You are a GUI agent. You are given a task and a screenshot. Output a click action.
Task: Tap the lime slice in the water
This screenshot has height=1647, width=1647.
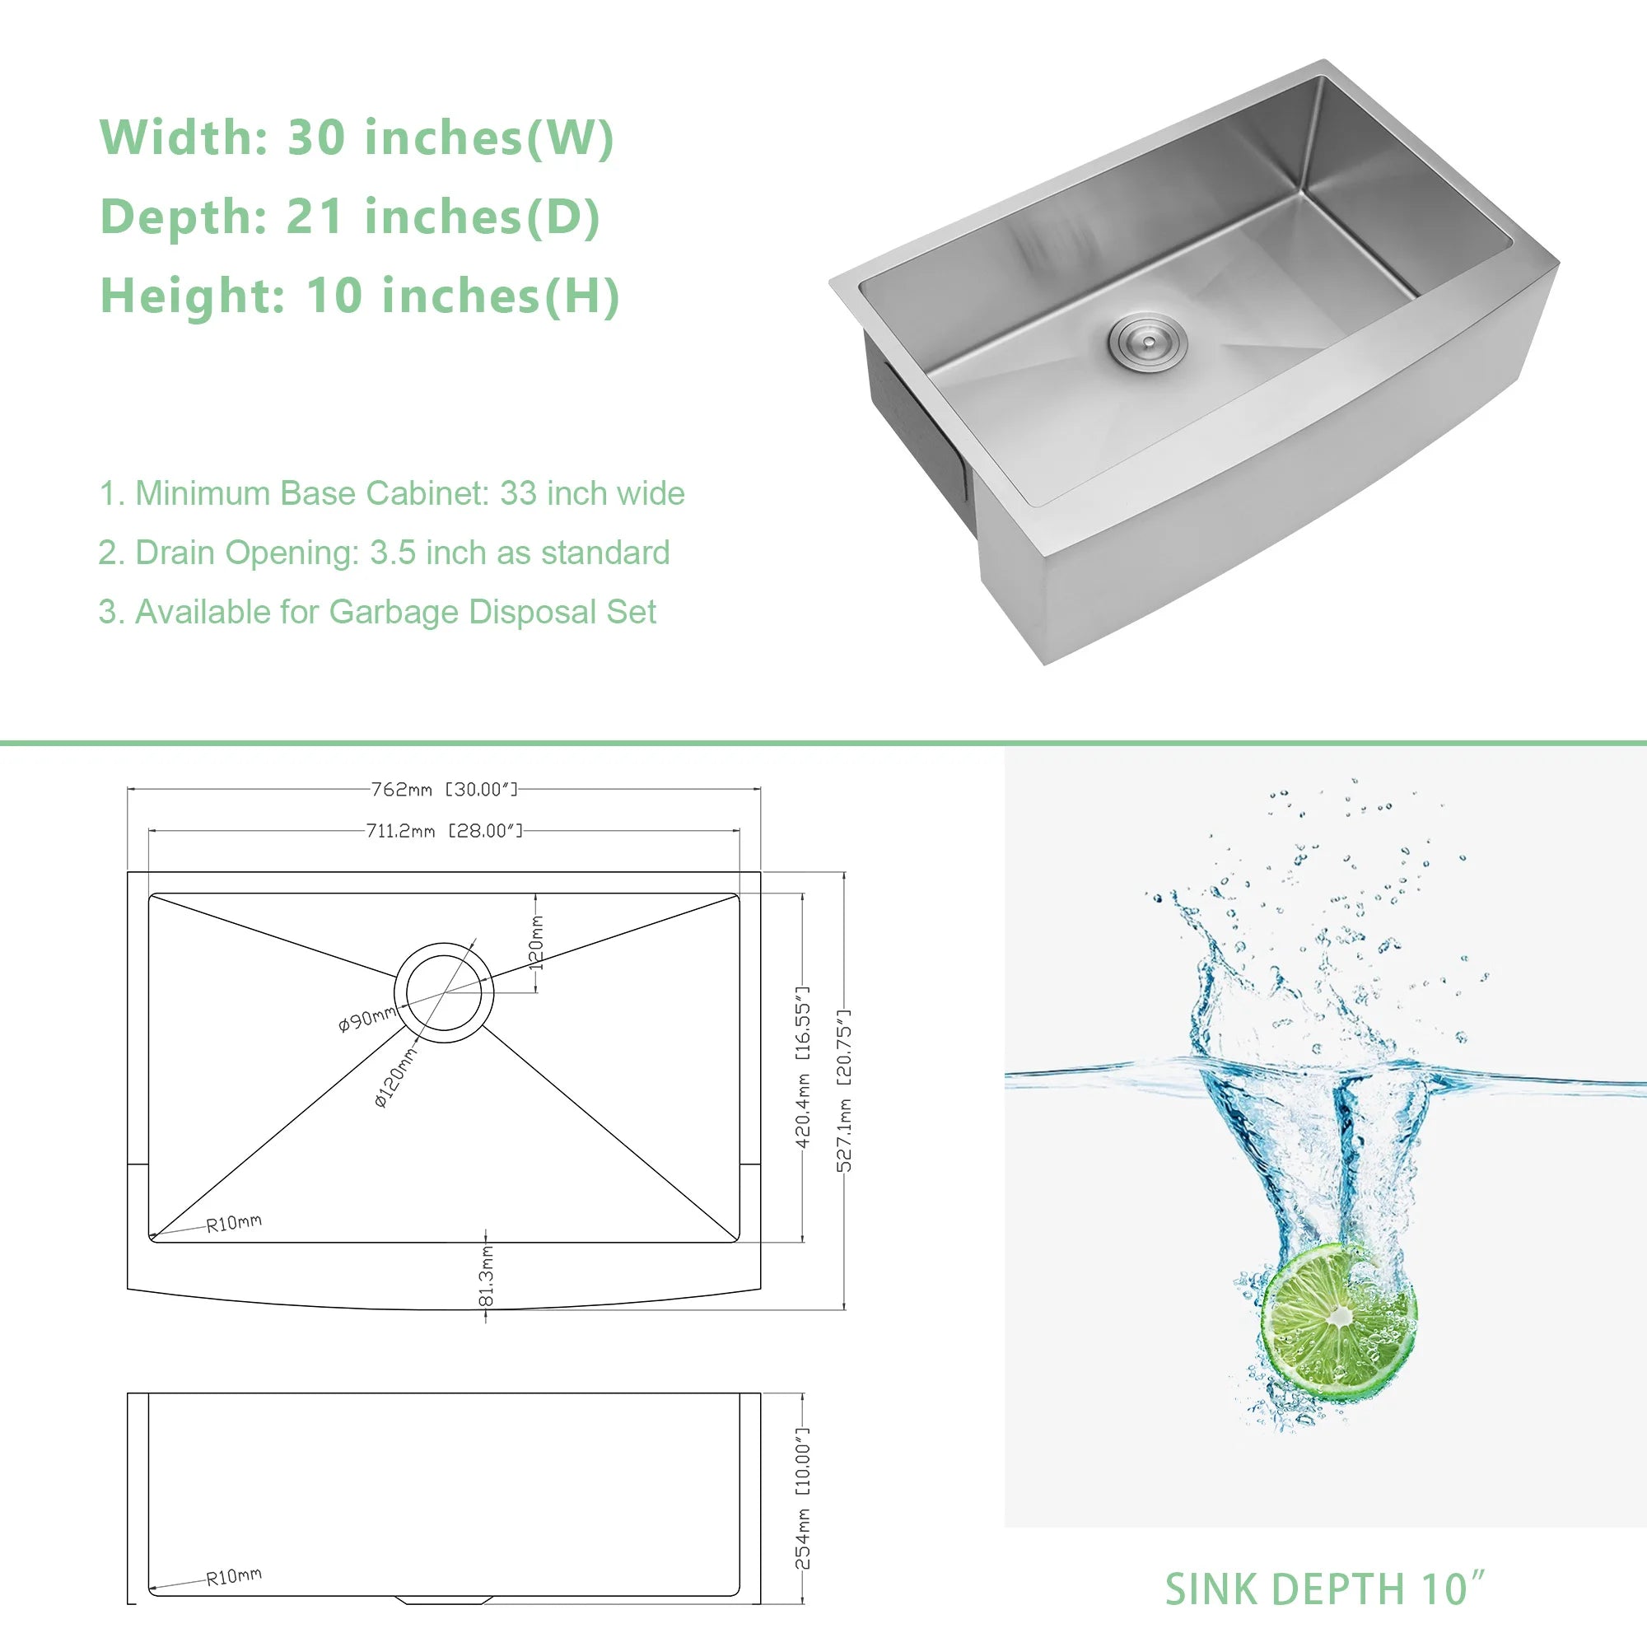click(1338, 1323)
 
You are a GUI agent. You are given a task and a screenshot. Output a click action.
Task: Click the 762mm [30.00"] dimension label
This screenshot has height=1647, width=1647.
click(444, 790)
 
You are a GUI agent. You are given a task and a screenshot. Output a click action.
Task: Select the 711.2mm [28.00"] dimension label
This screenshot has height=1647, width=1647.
click(444, 830)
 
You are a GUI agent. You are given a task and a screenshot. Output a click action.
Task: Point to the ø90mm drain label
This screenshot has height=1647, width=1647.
click(367, 1019)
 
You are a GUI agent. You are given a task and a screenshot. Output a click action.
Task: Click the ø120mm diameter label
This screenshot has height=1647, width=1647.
click(396, 1077)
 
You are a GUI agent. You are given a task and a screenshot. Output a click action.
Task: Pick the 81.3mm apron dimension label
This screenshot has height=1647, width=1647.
click(486, 1276)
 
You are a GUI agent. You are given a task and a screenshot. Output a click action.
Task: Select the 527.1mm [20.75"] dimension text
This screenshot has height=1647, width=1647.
click(843, 1091)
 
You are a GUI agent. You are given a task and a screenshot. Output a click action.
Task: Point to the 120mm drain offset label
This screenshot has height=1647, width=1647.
click(536, 943)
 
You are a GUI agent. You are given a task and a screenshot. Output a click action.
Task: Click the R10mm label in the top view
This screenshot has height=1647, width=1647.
click(234, 1224)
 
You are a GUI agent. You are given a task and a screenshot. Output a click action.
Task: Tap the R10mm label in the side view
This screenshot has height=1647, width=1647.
click(234, 1576)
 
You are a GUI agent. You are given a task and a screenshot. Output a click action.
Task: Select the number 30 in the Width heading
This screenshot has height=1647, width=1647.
click(316, 138)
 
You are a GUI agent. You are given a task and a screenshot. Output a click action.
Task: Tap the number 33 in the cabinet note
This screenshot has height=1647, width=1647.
click(517, 493)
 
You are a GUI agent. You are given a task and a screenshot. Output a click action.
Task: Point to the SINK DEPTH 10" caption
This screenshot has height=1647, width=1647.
click(1325, 1590)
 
